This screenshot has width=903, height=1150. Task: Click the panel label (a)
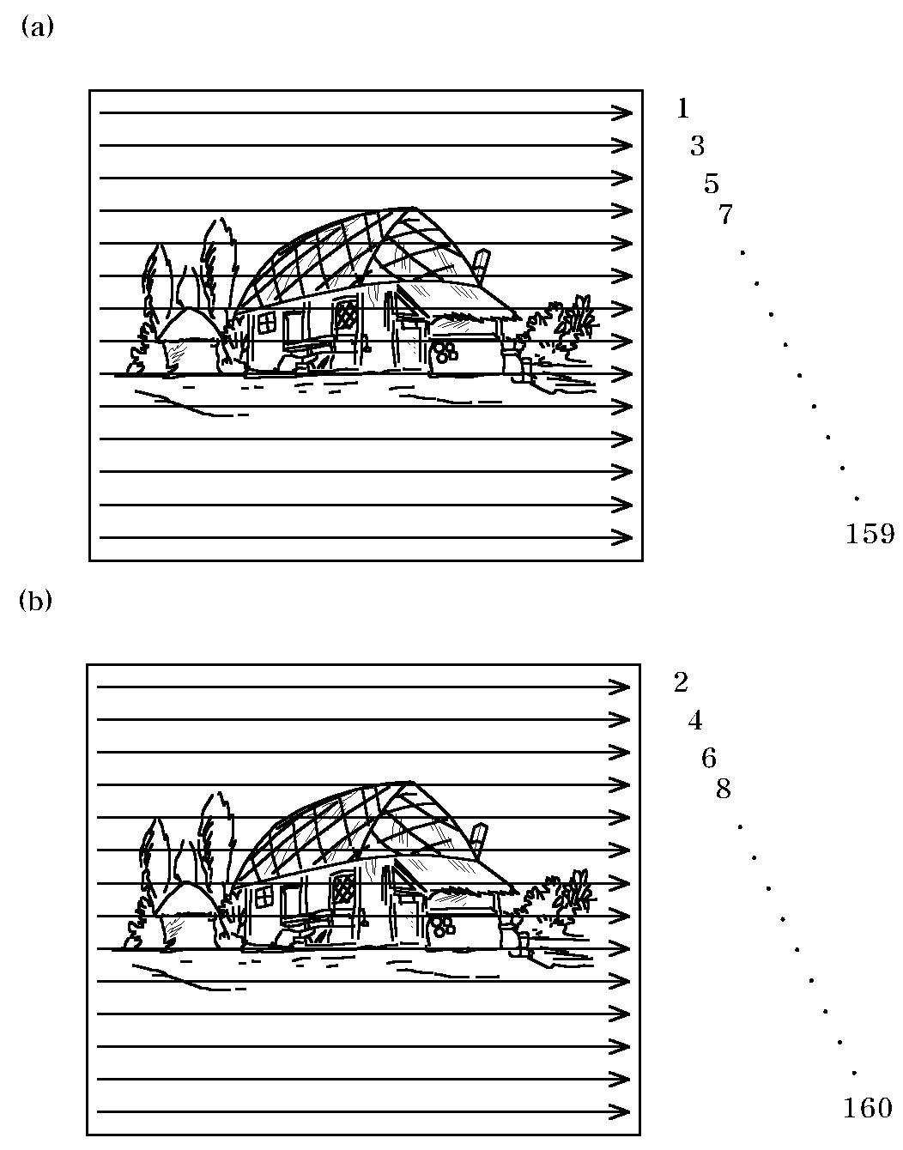tap(36, 27)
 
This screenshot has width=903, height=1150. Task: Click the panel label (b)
tap(36, 601)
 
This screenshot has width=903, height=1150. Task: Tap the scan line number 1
tap(682, 108)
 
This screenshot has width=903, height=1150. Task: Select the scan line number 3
tap(697, 146)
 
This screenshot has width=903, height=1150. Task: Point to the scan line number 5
tap(711, 184)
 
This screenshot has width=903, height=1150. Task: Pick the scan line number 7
tap(725, 215)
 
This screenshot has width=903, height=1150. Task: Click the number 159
tap(870, 535)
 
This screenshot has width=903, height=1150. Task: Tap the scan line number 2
tap(681, 683)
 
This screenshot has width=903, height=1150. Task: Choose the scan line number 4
tap(695, 721)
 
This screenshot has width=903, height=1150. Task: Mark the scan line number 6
tap(709, 759)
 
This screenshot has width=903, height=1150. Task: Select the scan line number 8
tap(724, 790)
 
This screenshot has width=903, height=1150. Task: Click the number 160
tap(868, 1109)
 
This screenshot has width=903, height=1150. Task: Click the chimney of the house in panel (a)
tap(481, 262)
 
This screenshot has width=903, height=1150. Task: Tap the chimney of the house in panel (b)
tap(479, 836)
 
